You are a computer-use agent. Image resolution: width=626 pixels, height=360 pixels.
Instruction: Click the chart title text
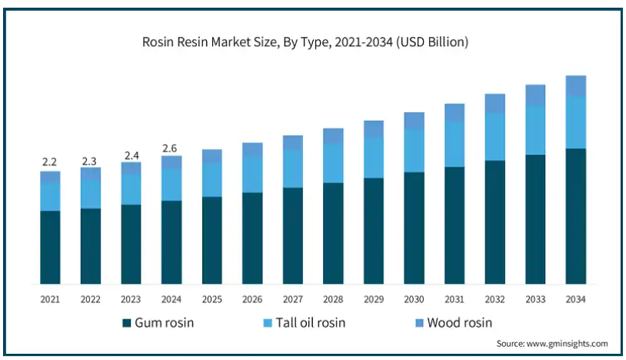pyautogui.click(x=305, y=42)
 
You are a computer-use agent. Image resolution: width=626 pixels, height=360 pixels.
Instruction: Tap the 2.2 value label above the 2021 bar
pyautogui.click(x=50, y=162)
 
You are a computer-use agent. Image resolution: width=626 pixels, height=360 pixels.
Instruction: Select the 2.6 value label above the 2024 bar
pyautogui.click(x=171, y=148)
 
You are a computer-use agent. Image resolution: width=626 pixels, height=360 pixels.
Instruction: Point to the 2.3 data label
pyautogui.click(x=91, y=162)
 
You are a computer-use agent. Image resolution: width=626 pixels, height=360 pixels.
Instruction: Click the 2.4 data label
pyautogui.click(x=131, y=156)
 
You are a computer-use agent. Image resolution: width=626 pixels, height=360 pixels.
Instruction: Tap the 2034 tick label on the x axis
pyautogui.click(x=576, y=298)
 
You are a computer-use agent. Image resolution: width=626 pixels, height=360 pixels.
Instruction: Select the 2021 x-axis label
pyautogui.click(x=50, y=298)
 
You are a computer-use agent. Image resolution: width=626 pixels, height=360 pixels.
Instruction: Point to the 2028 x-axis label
pyautogui.click(x=333, y=298)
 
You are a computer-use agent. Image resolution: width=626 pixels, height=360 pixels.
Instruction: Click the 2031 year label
pyautogui.click(x=455, y=298)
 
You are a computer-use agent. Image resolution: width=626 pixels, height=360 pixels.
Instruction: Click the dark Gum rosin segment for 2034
pyautogui.click(x=576, y=215)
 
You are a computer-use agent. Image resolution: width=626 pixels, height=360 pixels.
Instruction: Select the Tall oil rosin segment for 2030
pyautogui.click(x=415, y=151)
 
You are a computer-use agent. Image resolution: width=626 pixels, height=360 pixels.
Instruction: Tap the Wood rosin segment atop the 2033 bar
pyautogui.click(x=535, y=95)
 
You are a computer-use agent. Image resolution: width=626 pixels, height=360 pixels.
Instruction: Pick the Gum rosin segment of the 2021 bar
pyautogui.click(x=50, y=246)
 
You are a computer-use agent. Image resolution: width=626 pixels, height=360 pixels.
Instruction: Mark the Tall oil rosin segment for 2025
pyautogui.click(x=212, y=179)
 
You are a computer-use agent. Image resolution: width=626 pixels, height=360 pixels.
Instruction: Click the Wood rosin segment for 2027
pyautogui.click(x=293, y=142)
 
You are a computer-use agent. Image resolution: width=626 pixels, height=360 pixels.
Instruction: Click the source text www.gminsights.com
pyautogui.click(x=552, y=343)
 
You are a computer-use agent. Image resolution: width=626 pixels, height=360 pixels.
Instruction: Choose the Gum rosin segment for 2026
pyautogui.click(x=252, y=237)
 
